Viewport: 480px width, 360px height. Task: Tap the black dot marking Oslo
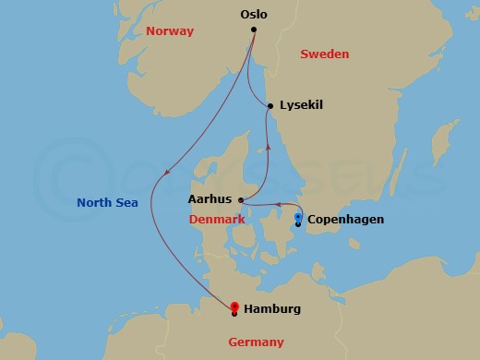coord(254,30)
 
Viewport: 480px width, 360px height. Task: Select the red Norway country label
coord(170,31)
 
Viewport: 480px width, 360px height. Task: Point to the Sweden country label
coord(325,54)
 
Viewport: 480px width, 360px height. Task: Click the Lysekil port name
coord(301,105)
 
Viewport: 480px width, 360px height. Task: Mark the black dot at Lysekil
coord(270,106)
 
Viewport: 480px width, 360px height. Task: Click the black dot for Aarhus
coord(240,200)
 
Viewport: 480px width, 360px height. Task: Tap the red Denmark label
coord(217,220)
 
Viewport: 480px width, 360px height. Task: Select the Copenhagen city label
coord(345,220)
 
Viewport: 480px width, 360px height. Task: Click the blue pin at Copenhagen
coord(297,217)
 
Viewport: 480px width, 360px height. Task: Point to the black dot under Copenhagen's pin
coord(297,224)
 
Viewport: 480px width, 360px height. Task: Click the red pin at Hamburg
coord(234,306)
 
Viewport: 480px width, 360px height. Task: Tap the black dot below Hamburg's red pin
coord(234,314)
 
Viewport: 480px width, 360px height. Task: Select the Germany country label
coord(256,342)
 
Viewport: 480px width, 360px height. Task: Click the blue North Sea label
coord(107,203)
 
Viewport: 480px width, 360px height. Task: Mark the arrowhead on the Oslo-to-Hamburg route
coord(167,172)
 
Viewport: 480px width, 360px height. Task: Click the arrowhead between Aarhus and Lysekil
coord(268,146)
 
